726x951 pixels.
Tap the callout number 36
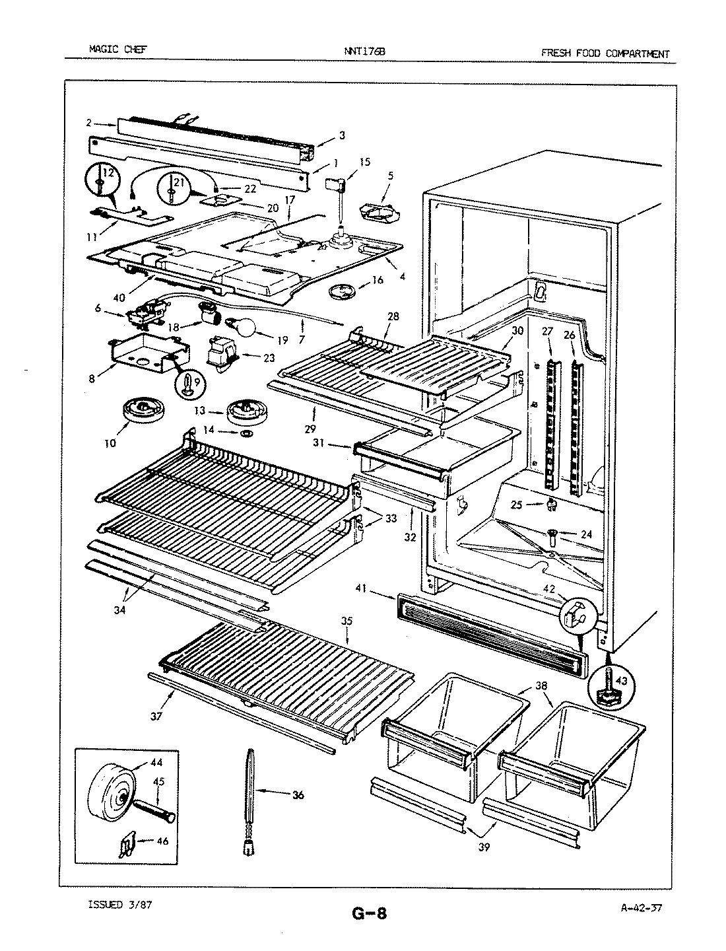[x=298, y=795]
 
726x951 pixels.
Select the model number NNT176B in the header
[x=362, y=53]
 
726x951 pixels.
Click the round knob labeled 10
[x=141, y=411]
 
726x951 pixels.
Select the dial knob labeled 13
[x=246, y=411]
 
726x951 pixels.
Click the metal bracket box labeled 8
[x=137, y=354]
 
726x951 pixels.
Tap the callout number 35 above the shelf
[x=346, y=621]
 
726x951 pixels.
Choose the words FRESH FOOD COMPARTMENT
[x=605, y=53]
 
